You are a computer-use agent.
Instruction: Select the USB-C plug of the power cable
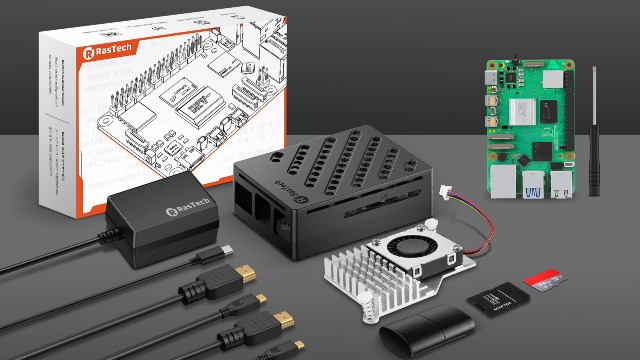(x=227, y=248)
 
